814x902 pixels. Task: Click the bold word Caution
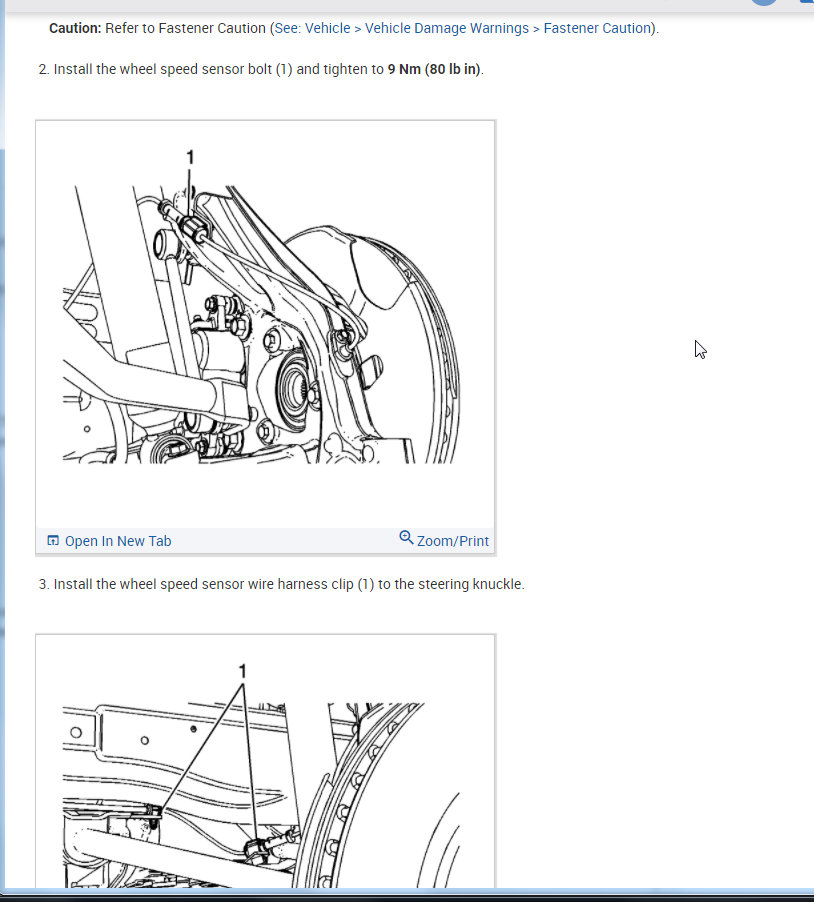pos(75,28)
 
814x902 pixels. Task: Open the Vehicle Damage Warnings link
pos(446,28)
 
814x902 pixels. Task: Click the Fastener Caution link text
pos(597,28)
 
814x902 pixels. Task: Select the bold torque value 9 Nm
pos(404,69)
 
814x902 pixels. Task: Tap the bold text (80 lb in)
pos(453,69)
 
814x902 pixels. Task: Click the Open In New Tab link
pos(118,541)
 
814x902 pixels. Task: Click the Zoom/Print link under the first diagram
pos(453,541)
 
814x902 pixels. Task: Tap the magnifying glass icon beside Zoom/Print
pos(406,537)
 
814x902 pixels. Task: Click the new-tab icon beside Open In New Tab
pos(53,541)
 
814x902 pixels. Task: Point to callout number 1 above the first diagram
pos(190,157)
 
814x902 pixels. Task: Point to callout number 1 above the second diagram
pos(243,671)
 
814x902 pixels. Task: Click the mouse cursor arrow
pos(700,350)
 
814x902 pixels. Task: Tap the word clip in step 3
pos(342,584)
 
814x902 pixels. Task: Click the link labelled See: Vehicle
pos(312,28)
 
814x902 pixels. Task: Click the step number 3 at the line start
pos(43,584)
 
